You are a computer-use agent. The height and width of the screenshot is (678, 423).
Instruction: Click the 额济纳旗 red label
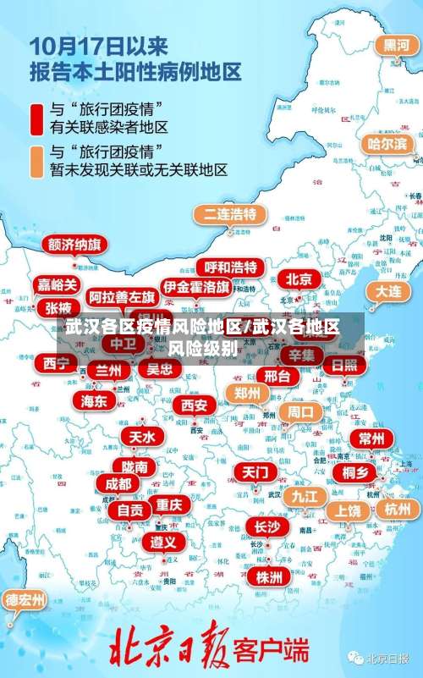74,245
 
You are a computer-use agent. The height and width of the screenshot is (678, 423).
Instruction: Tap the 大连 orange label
388,290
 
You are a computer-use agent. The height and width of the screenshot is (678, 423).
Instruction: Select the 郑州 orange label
247,393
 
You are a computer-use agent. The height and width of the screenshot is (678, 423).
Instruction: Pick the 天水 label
141,437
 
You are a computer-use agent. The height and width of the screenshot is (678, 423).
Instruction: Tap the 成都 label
118,483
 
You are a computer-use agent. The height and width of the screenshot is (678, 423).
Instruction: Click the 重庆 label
168,504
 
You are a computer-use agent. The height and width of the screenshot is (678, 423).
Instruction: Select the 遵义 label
163,541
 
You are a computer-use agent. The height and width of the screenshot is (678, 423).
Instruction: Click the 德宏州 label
25,600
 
